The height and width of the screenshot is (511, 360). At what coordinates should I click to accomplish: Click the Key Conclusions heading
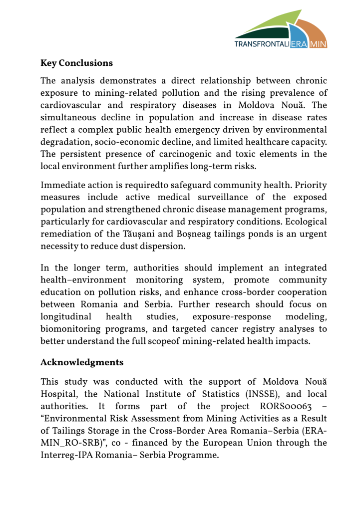(76, 63)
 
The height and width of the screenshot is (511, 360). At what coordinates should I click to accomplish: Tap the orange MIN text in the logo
(318, 44)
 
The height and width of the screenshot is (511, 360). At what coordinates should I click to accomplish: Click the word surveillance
(230, 198)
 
